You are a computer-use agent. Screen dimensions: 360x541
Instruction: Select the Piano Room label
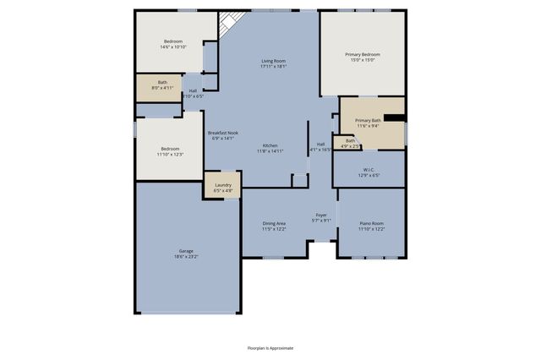[371, 226]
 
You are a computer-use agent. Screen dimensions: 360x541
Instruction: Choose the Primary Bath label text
[368, 121]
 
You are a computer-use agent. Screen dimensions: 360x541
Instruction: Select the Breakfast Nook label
[223, 133]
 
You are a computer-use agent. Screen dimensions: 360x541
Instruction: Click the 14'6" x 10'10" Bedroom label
[172, 43]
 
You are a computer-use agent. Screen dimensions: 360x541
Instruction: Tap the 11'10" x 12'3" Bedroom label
[170, 151]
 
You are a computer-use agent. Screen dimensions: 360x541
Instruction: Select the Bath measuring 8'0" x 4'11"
[162, 85]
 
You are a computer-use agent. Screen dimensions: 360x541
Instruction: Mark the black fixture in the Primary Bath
[394, 118]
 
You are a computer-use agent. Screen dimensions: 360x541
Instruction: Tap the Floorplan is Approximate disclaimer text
[270, 347]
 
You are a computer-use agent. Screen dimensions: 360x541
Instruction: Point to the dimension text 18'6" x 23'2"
[186, 257]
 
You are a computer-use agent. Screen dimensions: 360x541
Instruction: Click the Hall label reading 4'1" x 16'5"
[321, 147]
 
